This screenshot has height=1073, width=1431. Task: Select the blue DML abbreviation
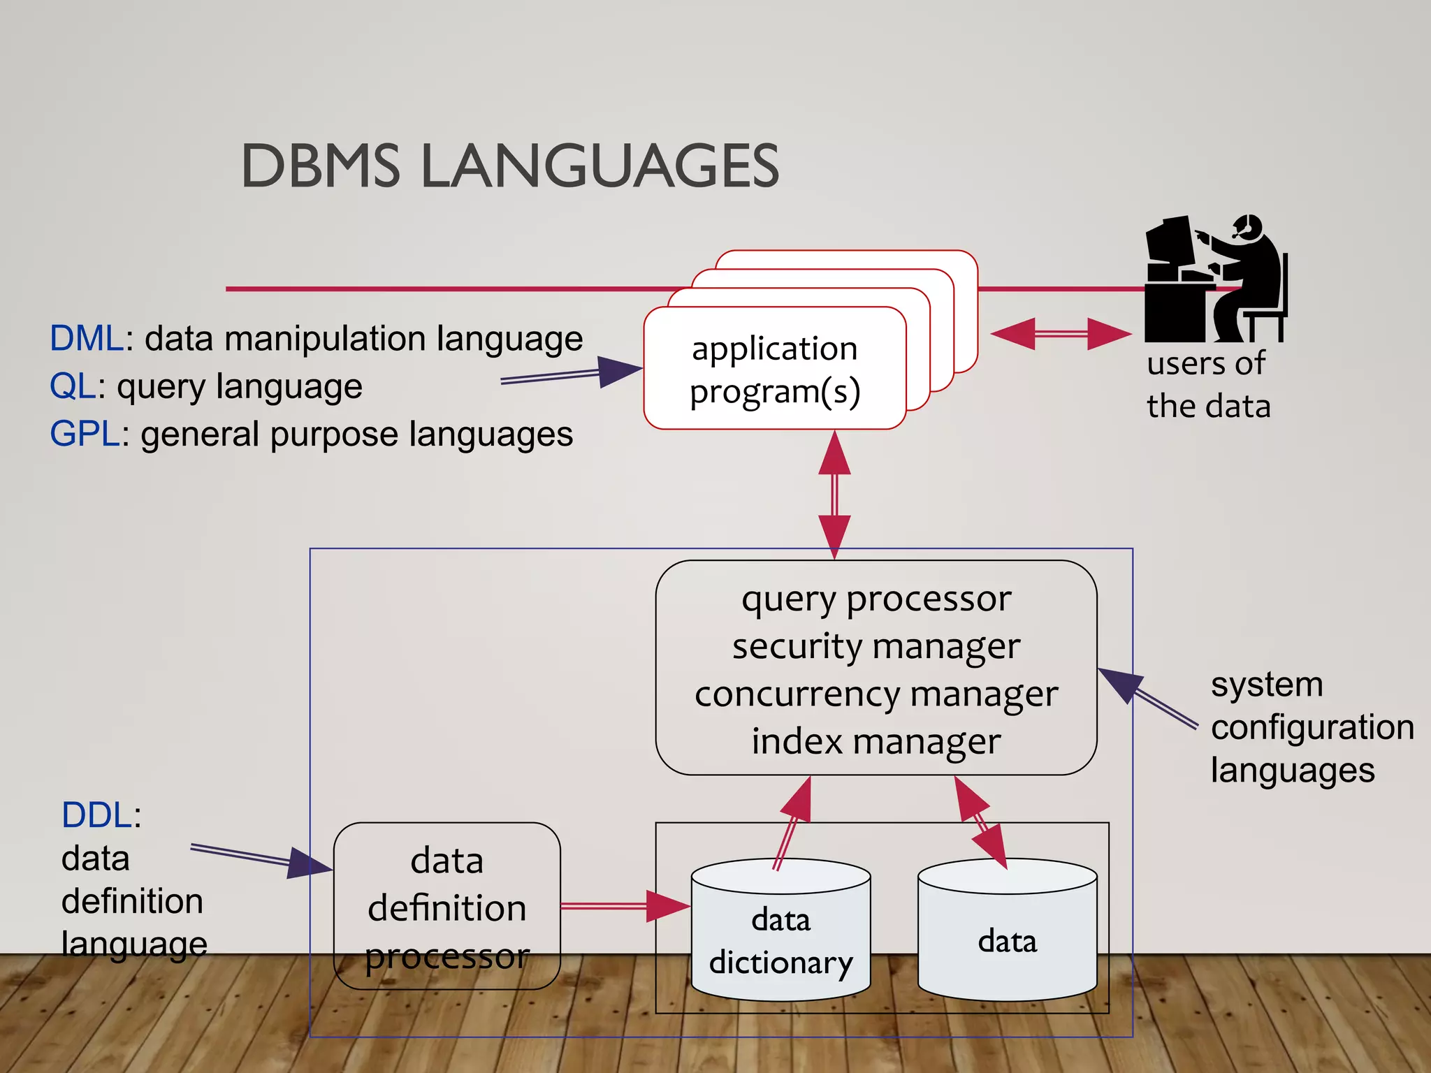point(87,339)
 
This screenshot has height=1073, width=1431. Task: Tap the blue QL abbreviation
point(73,386)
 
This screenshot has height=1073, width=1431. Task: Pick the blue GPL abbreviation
point(85,434)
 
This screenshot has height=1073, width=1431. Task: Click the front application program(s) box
point(774,369)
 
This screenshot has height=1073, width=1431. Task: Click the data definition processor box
point(447,907)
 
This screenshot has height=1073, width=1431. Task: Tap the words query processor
point(876,599)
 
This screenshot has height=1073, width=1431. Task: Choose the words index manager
point(876,742)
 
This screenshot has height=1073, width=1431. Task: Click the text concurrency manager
point(876,694)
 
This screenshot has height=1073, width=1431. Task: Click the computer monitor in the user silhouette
point(1168,241)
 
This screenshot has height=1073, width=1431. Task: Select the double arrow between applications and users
point(1061,334)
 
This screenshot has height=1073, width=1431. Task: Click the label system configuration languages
point(1311,727)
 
